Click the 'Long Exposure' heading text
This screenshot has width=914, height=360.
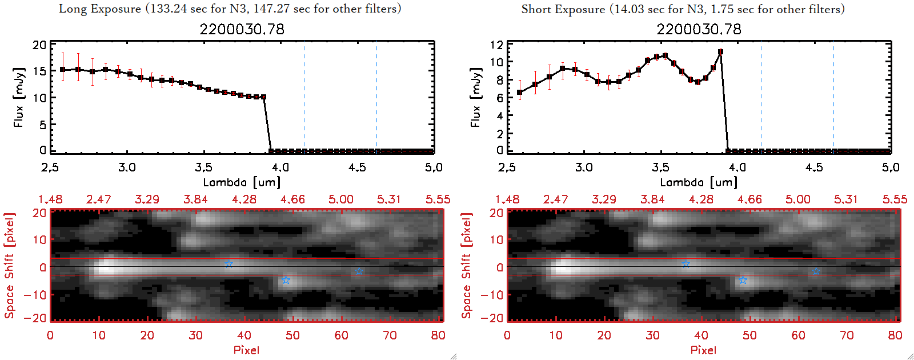(x=100, y=9)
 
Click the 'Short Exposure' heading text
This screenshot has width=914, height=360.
(x=563, y=9)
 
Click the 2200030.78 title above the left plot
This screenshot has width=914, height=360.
(x=242, y=29)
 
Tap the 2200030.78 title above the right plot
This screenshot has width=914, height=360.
(x=699, y=29)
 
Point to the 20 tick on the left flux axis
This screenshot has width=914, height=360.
(x=39, y=45)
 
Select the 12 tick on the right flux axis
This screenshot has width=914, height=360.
(x=496, y=45)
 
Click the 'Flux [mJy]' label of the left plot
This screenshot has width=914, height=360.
(x=19, y=97)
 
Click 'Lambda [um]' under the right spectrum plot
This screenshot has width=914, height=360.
(x=699, y=182)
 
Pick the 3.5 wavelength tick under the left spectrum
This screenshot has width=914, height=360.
(x=203, y=167)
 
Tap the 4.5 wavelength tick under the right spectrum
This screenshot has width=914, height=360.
(x=814, y=167)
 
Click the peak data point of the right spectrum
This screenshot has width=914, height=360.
(x=720, y=52)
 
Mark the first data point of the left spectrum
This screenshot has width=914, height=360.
(x=62, y=70)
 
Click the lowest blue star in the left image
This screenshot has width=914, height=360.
(x=286, y=280)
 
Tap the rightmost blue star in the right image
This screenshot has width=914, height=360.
(x=816, y=271)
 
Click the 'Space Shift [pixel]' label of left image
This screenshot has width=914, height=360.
(x=9, y=265)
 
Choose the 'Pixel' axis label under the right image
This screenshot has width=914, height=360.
(x=703, y=350)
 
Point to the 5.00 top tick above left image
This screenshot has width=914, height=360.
(x=340, y=199)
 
